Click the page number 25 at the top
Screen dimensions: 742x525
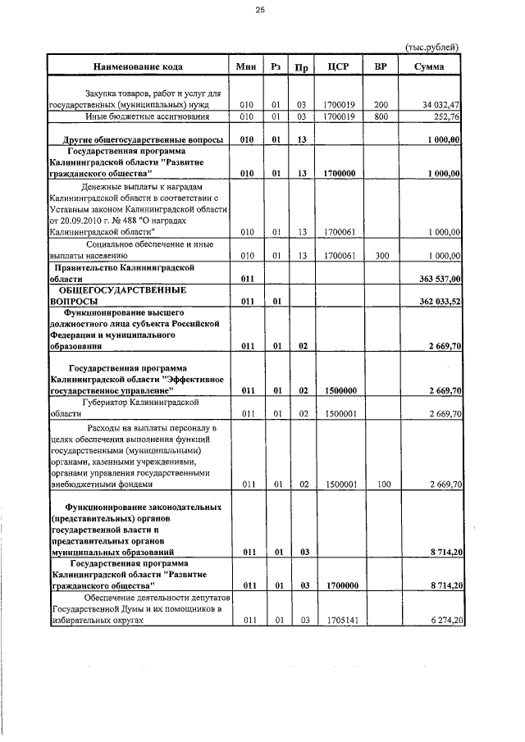[x=260, y=10]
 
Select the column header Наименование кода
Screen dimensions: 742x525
[x=137, y=67]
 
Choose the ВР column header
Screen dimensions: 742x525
[x=381, y=67]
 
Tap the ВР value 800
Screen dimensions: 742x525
[x=381, y=117]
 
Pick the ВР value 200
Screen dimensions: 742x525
[x=381, y=106]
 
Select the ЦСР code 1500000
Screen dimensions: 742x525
[x=339, y=391]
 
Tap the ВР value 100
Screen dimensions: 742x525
[x=381, y=485]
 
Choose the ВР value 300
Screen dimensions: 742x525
[x=381, y=256]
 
